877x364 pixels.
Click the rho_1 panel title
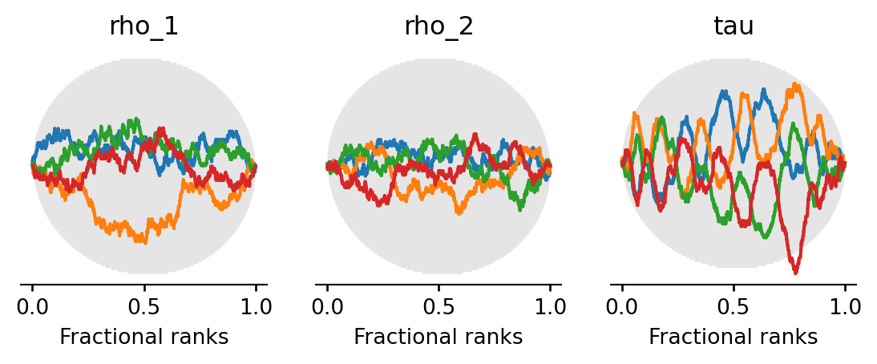(x=143, y=26)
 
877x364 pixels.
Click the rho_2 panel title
(x=438, y=26)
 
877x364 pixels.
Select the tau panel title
(x=734, y=26)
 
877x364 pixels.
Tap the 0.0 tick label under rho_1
(x=32, y=306)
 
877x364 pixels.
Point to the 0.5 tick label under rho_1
(x=144, y=306)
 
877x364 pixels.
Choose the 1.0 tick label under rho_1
(x=256, y=306)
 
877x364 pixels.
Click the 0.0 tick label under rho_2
(x=327, y=306)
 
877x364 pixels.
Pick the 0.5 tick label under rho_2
(x=438, y=306)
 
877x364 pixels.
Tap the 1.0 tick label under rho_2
(x=551, y=306)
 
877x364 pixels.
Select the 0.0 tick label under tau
(x=621, y=306)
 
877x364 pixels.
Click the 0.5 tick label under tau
(x=734, y=306)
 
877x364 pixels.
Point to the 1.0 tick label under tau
(x=845, y=306)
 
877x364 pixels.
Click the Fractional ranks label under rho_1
(x=144, y=338)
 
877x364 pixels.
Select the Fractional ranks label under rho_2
(x=438, y=338)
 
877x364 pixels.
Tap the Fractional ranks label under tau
(x=734, y=338)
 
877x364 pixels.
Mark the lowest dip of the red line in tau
(x=795, y=273)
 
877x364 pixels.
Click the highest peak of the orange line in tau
(x=794, y=84)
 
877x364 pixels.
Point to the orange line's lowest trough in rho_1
(x=143, y=241)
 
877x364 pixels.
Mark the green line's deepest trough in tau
(x=766, y=237)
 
